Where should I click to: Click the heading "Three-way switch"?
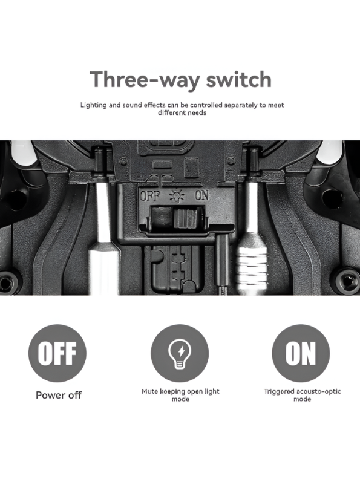[x=181, y=79]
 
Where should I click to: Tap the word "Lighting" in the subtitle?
[x=94, y=105]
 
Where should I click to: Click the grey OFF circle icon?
[x=57, y=353]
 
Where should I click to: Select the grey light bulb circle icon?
[x=180, y=353]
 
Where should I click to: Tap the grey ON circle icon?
[x=301, y=353]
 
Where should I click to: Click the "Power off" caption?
[x=59, y=395]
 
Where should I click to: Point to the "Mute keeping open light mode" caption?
[x=180, y=395]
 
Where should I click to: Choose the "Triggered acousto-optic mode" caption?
[x=303, y=395]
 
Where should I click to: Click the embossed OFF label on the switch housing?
[x=149, y=195]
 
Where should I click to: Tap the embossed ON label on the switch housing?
[x=201, y=195]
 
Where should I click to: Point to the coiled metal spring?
[x=252, y=269]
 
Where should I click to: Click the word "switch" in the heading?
[x=238, y=79]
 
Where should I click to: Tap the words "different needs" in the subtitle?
[x=182, y=112]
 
